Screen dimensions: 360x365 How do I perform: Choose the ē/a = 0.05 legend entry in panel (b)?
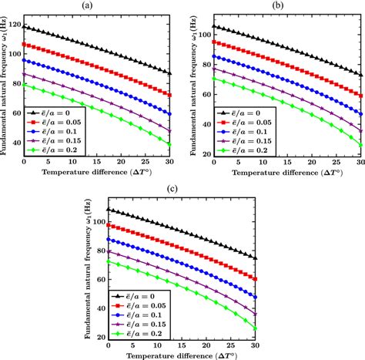coord(237,123)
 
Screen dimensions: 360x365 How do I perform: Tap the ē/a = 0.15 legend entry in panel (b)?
coord(237,142)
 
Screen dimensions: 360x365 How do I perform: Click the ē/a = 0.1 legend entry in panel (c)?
coord(146,315)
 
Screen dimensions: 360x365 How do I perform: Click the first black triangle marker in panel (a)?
coord(25,27)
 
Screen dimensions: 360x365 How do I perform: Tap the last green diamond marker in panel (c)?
coord(256,328)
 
